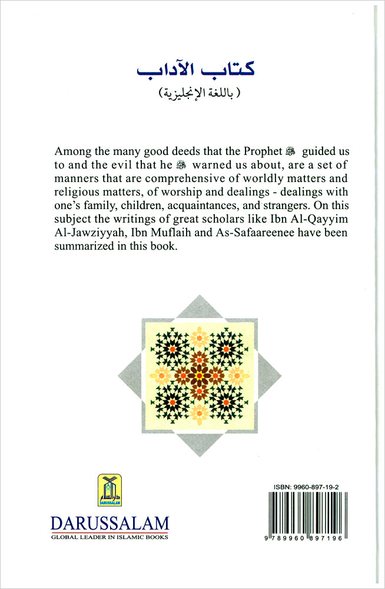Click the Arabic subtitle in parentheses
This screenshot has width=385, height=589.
coord(192,94)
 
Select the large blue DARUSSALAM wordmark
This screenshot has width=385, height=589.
coord(109,523)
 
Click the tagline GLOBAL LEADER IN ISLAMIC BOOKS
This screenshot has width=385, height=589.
coord(109,537)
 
